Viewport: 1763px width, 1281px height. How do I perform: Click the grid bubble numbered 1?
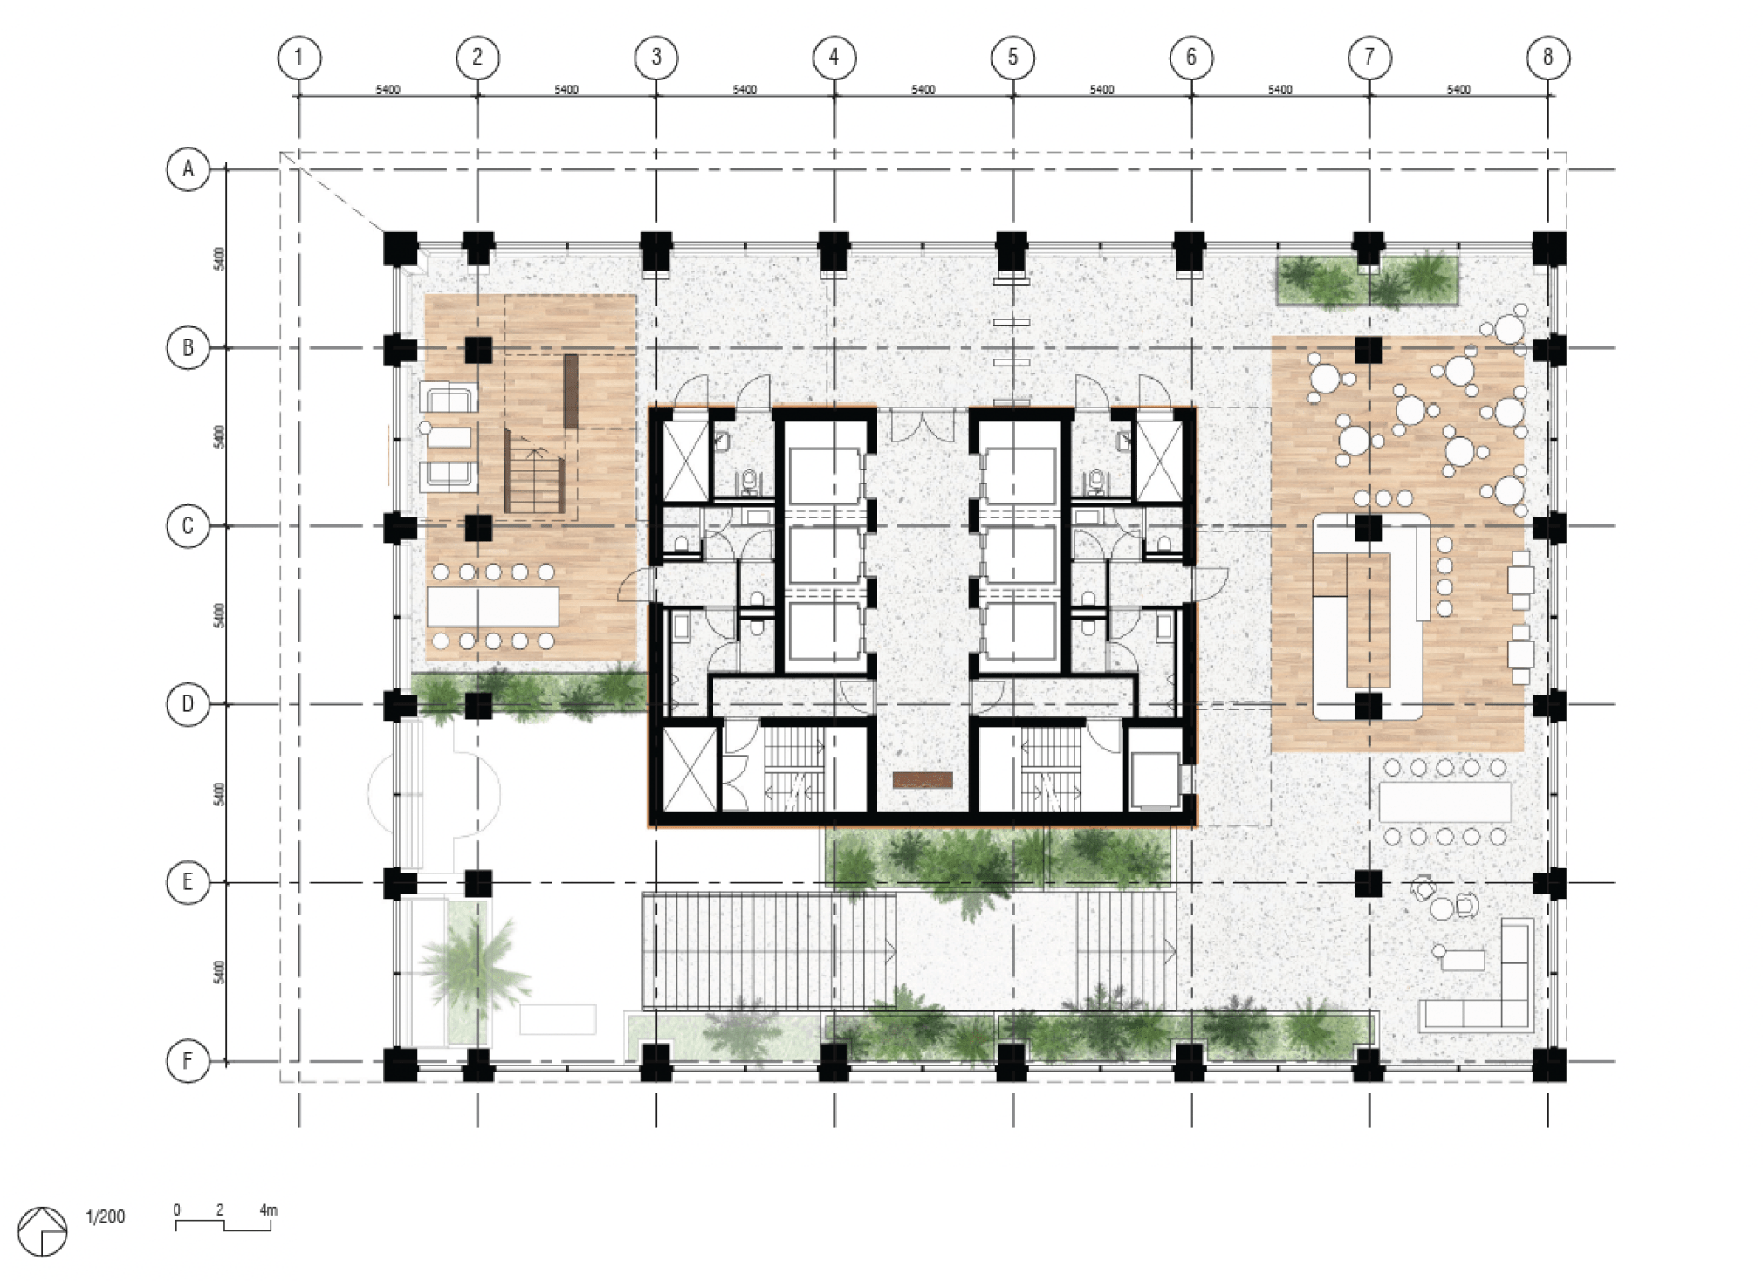click(299, 58)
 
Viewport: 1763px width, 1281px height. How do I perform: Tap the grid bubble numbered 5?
click(1012, 58)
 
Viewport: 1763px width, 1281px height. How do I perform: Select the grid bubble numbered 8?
click(1548, 58)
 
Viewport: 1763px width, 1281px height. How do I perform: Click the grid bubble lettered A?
click(188, 168)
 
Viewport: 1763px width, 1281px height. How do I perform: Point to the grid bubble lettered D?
click(188, 704)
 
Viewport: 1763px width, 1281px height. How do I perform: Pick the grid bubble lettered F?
click(188, 1061)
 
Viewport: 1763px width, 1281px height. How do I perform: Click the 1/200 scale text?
click(106, 1216)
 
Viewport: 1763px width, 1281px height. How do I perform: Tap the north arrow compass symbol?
click(42, 1231)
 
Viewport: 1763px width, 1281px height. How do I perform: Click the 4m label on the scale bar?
click(268, 1210)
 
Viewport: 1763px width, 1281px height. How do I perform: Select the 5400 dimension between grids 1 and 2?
click(388, 90)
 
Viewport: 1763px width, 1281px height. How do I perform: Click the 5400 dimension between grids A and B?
click(219, 259)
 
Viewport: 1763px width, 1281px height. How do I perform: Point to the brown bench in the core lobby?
click(923, 780)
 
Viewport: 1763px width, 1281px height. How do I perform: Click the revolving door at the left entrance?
click(435, 793)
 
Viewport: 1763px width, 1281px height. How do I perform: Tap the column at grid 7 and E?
click(1369, 883)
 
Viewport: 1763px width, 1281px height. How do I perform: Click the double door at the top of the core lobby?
click(923, 426)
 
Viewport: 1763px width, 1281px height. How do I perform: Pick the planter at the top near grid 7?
click(1368, 279)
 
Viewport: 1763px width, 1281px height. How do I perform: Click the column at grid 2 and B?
click(478, 350)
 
